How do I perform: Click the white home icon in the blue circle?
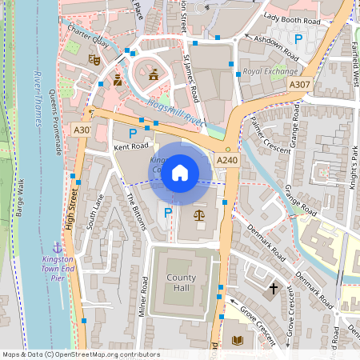click(x=180, y=172)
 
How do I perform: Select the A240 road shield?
click(x=227, y=162)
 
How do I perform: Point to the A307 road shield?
click(x=300, y=84)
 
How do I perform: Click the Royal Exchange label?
click(x=265, y=72)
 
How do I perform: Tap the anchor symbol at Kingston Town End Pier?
click(x=57, y=246)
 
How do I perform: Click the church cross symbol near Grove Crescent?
click(x=273, y=287)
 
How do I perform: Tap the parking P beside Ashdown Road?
click(x=298, y=38)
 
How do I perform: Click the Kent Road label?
click(x=132, y=147)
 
